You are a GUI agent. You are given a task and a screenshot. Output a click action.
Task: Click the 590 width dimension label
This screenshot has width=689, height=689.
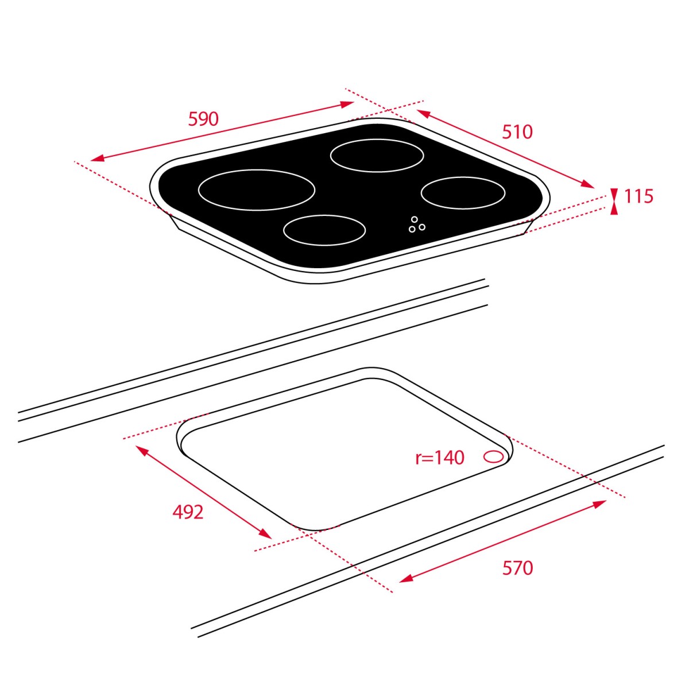point(203,119)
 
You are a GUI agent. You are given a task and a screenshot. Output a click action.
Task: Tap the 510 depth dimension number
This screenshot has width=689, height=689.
point(517,132)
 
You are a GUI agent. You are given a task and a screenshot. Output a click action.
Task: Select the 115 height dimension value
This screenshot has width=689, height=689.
point(638,196)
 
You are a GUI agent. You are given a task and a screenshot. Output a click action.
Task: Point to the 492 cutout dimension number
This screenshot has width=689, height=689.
point(188,512)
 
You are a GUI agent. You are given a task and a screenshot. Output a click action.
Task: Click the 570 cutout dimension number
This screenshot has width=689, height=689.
point(517,568)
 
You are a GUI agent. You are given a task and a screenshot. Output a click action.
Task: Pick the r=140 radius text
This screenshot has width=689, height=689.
point(440,458)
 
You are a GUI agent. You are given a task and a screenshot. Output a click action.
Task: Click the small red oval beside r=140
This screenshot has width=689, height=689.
point(493,456)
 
